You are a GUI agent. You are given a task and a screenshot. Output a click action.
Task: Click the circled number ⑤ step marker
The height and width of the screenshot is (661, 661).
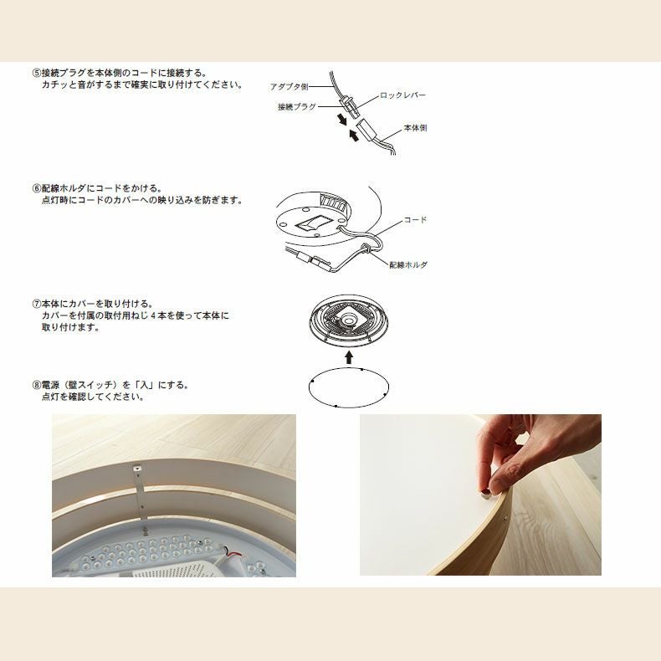[x=37, y=73]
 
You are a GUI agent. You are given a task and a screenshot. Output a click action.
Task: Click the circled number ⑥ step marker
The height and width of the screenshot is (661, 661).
[x=37, y=188]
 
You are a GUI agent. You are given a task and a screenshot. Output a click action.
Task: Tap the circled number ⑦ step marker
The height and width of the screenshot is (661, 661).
[x=37, y=304]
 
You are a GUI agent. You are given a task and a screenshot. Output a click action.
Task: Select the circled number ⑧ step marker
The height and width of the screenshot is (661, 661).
[x=37, y=385]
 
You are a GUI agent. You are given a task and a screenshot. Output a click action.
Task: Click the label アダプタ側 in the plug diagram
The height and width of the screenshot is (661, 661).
[x=290, y=87]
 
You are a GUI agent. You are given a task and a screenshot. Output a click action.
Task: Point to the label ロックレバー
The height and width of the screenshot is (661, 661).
[x=402, y=95]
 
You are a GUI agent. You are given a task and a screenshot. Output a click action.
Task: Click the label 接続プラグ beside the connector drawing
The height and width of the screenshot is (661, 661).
[x=297, y=106]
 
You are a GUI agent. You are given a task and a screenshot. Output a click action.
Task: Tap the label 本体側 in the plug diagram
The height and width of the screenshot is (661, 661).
[x=415, y=128]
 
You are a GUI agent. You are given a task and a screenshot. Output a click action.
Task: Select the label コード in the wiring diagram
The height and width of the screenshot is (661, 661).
[x=415, y=219]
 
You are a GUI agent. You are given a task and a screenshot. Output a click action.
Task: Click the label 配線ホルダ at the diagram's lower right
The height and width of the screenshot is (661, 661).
[x=408, y=264]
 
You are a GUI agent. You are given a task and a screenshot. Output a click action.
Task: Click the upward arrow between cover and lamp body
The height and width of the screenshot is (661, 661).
[x=349, y=357]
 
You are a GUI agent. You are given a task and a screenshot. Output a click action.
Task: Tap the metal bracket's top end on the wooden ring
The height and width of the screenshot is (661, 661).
[x=137, y=468]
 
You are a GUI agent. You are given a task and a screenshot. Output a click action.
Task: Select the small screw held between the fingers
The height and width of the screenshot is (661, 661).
[x=484, y=492]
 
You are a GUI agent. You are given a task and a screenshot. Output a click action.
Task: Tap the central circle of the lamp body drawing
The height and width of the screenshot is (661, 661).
[x=349, y=320]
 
